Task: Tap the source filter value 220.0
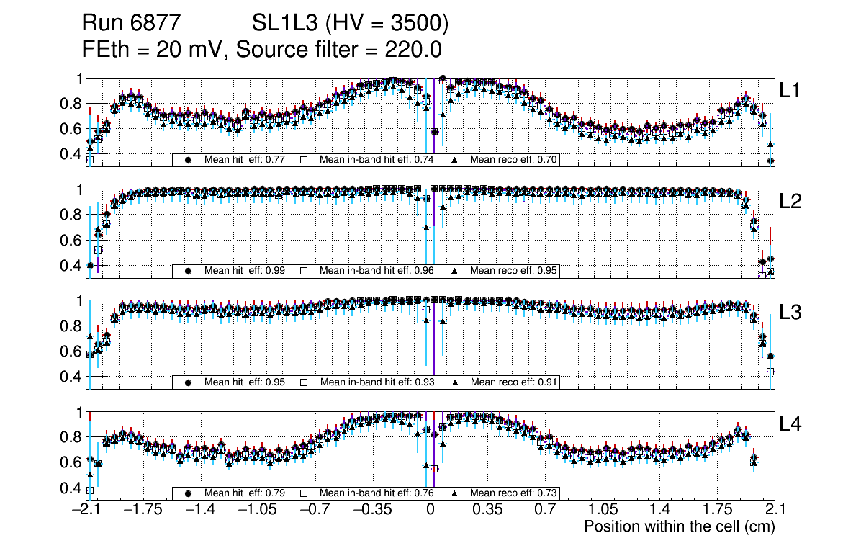point(415,50)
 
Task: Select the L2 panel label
point(790,202)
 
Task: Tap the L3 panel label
point(790,313)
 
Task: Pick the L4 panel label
point(790,424)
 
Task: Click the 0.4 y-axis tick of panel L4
point(70,488)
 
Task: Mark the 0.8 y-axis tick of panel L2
point(70,214)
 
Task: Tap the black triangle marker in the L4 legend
point(456,493)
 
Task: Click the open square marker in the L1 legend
point(305,160)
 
